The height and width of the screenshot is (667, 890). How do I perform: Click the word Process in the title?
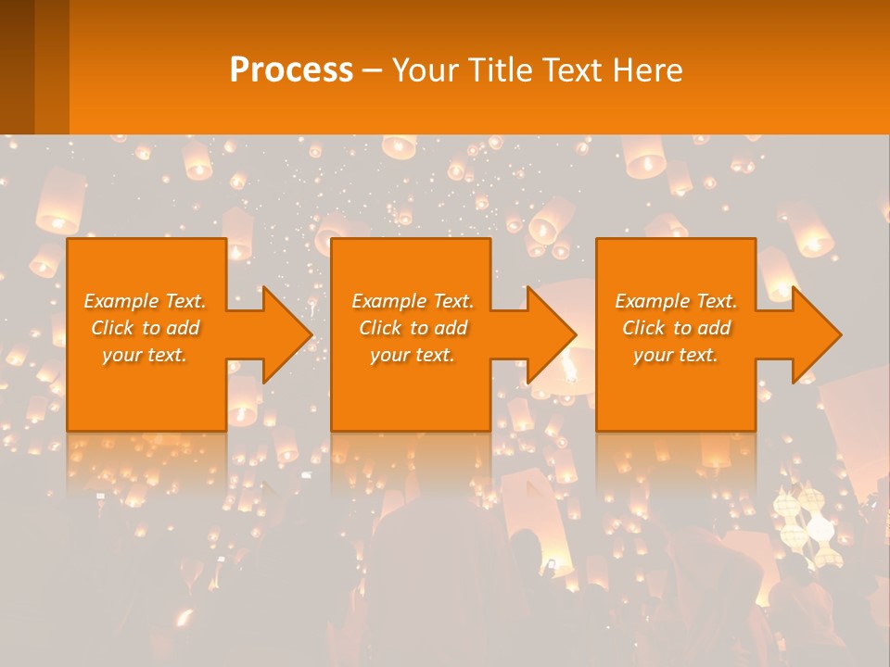(291, 70)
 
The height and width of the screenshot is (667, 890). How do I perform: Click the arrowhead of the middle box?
(551, 334)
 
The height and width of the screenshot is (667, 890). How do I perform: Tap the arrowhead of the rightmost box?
(816, 334)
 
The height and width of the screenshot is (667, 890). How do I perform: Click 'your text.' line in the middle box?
(412, 355)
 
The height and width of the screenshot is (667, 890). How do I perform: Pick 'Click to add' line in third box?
(676, 328)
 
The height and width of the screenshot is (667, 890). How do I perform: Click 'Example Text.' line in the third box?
(676, 301)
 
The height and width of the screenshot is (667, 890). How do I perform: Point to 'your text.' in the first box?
(145, 355)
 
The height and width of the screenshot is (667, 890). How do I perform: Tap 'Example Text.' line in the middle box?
(412, 301)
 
